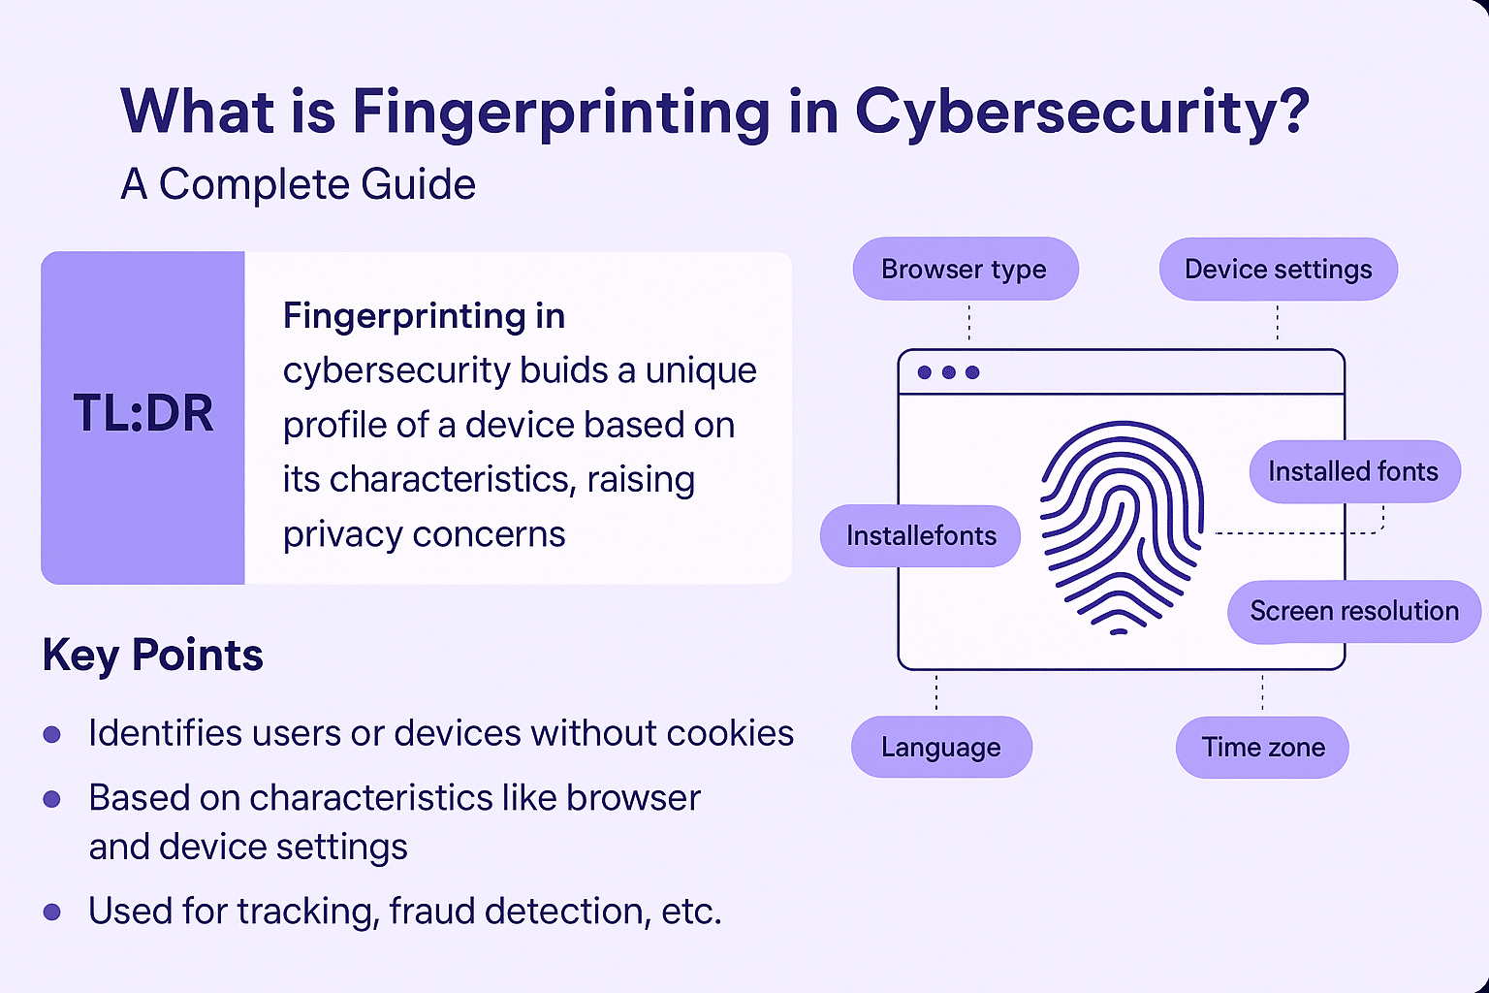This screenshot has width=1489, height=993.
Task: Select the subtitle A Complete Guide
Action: click(298, 183)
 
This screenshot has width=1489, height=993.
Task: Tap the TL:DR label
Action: click(143, 413)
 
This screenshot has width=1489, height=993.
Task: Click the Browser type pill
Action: click(966, 269)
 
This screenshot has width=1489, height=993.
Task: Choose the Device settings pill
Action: click(1279, 269)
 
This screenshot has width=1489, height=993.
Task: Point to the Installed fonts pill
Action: click(1354, 471)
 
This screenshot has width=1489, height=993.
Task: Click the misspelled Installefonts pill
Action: click(920, 535)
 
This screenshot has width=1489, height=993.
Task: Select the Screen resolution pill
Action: click(1354, 611)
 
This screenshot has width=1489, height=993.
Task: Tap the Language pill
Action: click(941, 747)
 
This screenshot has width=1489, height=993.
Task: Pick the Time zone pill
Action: click(1262, 747)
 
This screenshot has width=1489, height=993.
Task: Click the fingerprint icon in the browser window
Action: click(1122, 528)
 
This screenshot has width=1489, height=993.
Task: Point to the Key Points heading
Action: click(152, 656)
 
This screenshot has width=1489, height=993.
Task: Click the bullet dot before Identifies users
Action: click(51, 734)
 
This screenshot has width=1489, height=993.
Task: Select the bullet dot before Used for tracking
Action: click(51, 912)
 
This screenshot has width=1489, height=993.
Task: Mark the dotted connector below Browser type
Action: click(969, 323)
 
